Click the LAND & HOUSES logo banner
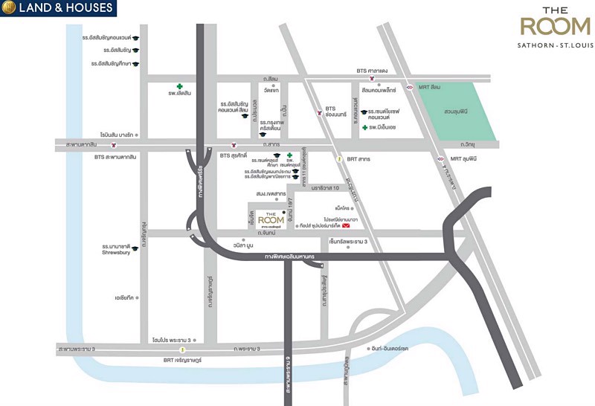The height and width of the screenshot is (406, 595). click(59, 9)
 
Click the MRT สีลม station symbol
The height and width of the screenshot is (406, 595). click(409, 87)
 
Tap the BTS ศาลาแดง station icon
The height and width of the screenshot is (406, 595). click(382, 80)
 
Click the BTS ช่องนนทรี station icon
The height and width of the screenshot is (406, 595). click(320, 114)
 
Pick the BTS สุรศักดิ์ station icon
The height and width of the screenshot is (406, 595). click(234, 146)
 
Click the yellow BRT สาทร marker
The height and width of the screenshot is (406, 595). click(340, 158)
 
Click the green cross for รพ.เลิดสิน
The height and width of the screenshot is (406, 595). click(179, 86)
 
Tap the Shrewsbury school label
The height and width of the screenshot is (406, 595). click(118, 251)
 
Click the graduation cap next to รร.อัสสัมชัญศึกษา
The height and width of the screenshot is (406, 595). click(136, 64)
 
